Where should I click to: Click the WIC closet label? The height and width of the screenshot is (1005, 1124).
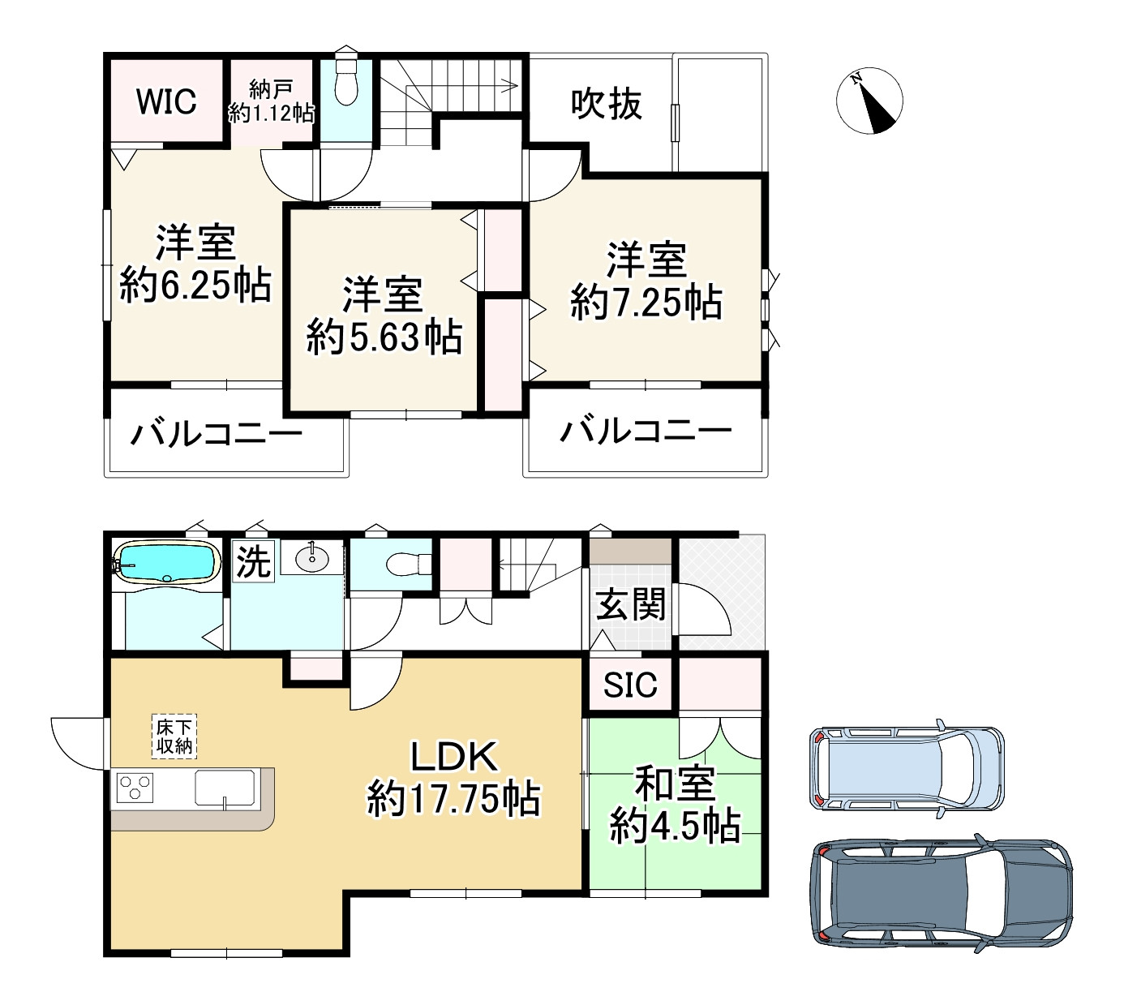coord(166,101)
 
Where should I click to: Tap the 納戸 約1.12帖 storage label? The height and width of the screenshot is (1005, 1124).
coord(271,101)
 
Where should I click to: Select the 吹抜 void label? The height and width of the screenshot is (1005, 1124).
coord(607,104)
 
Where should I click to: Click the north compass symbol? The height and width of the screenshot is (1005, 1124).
coord(869,101)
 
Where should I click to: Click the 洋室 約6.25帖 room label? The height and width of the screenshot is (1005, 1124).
coord(195,264)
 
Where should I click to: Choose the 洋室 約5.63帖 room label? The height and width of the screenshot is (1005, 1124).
coord(384,316)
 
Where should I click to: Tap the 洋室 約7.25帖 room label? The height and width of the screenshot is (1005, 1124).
coord(646,281)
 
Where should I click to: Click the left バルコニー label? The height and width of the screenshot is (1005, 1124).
coord(217,434)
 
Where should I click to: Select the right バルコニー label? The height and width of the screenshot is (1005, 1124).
coord(646,430)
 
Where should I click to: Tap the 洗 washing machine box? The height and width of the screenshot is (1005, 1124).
coord(253,561)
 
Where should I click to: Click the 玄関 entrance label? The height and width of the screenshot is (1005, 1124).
coord(630,605)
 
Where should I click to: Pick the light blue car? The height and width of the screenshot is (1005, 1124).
coord(907,767)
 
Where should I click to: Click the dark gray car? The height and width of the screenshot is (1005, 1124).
coord(942,891)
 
